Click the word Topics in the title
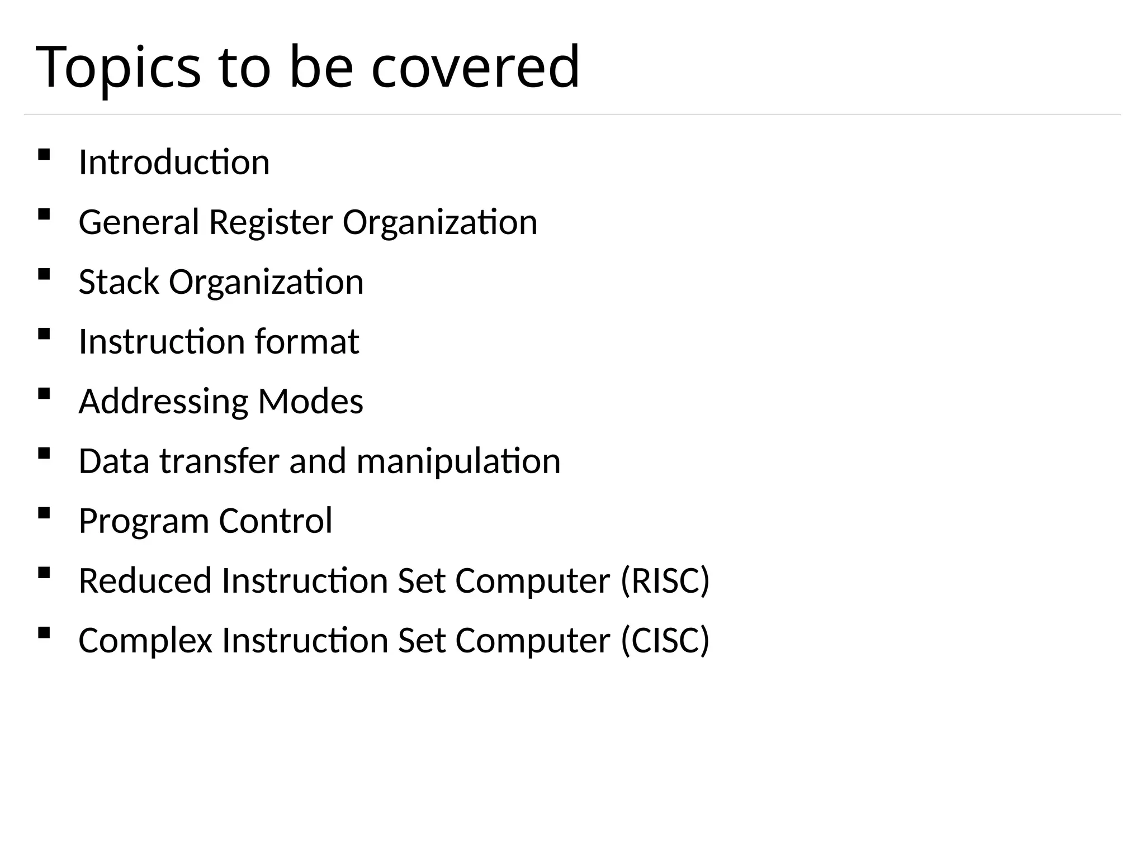[118, 68]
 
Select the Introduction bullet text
[174, 163]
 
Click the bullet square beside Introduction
[44, 154]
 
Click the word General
[139, 222]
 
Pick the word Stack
[119, 282]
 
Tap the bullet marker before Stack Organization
[44, 274]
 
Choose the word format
[306, 341]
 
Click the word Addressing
[163, 402]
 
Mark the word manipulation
[458, 461]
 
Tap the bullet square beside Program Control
[44, 513]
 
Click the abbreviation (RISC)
[665, 581]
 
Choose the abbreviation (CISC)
[665, 641]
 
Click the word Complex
[145, 641]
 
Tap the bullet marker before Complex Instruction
[44, 632]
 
